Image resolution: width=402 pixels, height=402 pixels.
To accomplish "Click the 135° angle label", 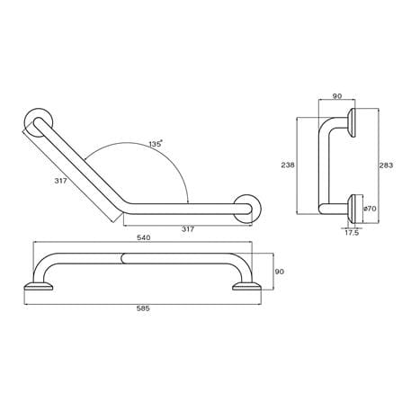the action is (x=156, y=144).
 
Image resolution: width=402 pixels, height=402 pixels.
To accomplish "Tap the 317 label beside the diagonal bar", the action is (x=60, y=181).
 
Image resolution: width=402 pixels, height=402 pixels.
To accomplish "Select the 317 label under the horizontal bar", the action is (x=188, y=229).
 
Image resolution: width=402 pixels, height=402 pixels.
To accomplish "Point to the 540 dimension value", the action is (x=144, y=237).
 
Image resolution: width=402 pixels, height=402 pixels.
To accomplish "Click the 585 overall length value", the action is (x=143, y=308).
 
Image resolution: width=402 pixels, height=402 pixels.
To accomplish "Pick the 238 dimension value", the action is (x=288, y=165).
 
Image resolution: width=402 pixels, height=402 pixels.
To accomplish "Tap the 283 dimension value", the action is (x=386, y=165).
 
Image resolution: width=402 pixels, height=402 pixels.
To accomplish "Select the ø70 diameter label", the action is (x=370, y=209).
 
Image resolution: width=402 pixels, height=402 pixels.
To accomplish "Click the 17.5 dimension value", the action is (x=352, y=233).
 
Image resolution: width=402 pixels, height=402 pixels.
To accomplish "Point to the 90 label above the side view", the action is (x=337, y=96).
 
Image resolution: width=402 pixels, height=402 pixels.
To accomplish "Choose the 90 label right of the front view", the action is (x=279, y=272).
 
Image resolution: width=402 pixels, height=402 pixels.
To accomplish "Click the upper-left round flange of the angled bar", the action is (x=39, y=122).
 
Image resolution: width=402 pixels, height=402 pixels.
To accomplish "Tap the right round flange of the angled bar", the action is (x=247, y=209).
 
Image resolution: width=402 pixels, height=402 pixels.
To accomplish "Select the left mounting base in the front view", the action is (x=39, y=286).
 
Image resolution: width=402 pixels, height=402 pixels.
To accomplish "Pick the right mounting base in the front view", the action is (x=246, y=286).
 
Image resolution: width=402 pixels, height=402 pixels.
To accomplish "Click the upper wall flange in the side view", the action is (x=352, y=122).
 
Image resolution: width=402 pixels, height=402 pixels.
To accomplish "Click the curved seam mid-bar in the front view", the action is (x=122, y=258).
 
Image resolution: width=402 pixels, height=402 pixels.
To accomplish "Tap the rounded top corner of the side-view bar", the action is (x=324, y=123).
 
